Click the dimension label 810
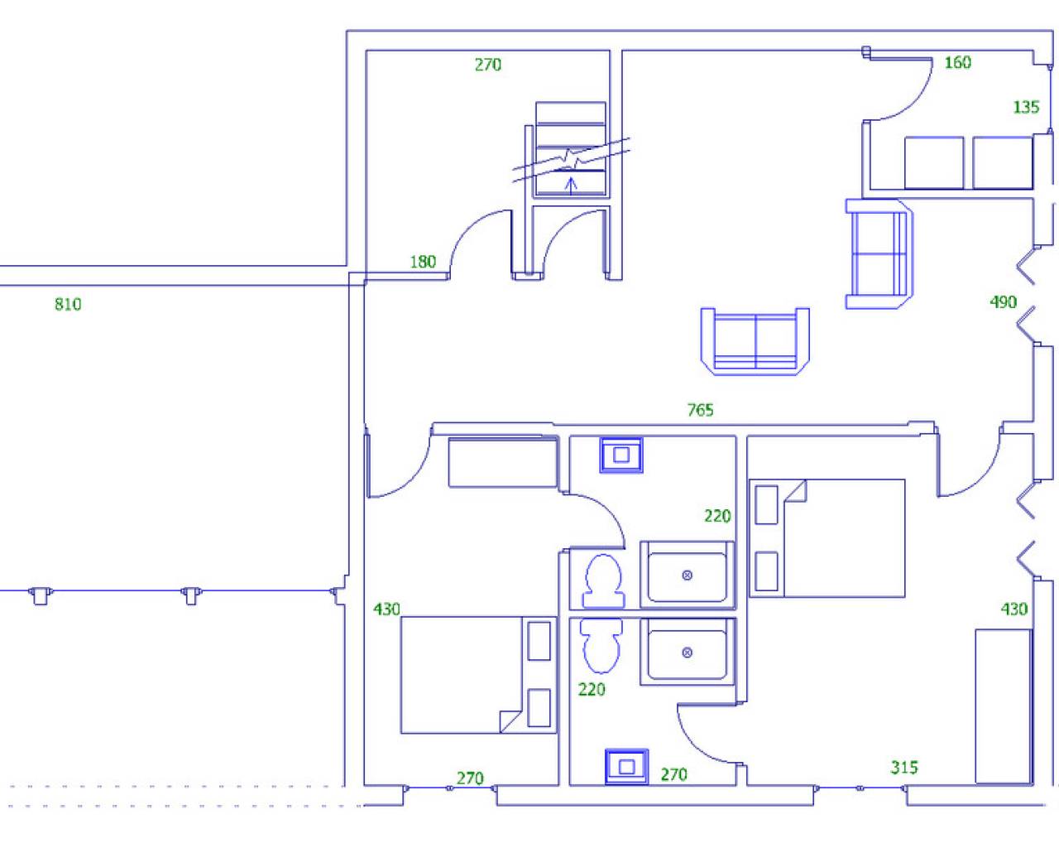click(68, 304)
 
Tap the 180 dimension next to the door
click(424, 262)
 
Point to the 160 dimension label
click(957, 63)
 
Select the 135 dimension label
click(1027, 107)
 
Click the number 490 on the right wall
click(1004, 302)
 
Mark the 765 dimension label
click(700, 409)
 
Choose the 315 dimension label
click(904, 767)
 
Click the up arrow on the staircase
click(571, 186)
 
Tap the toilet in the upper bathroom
click(603, 581)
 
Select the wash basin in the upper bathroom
click(621, 455)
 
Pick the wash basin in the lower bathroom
click(626, 767)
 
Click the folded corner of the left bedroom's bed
click(510, 721)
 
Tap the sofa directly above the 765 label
click(755, 341)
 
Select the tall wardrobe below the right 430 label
click(1004, 706)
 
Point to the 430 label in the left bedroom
click(387, 609)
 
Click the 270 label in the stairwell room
click(488, 65)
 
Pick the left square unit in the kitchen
click(934, 163)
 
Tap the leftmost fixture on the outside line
click(41, 595)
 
